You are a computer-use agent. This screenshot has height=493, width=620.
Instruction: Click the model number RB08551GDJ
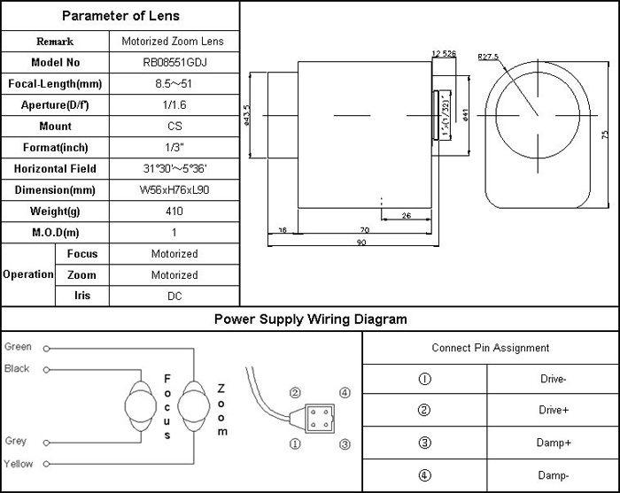click(174, 63)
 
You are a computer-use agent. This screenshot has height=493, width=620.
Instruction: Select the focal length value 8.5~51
click(174, 84)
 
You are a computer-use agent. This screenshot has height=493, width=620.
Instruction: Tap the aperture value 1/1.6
click(174, 105)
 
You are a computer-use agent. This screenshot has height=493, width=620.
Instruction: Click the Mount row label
click(55, 127)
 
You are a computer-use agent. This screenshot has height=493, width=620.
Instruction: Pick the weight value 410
click(174, 212)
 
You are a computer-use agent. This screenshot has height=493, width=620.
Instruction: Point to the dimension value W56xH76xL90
click(174, 190)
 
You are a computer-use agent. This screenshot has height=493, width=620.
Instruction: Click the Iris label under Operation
click(81, 297)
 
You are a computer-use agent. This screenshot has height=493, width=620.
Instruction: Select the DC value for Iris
click(174, 297)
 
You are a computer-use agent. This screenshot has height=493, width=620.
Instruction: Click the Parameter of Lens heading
click(120, 16)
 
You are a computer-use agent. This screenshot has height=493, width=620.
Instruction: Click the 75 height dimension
click(605, 134)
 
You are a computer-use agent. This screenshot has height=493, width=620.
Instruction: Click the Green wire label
click(18, 347)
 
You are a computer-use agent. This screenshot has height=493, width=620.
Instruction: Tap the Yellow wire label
click(18, 464)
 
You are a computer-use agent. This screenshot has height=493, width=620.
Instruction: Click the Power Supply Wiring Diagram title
click(309, 320)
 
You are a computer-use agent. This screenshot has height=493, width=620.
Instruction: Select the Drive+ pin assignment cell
click(554, 410)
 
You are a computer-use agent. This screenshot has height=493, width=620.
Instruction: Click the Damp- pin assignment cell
click(554, 475)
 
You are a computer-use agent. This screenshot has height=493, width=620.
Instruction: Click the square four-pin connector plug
click(319, 417)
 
